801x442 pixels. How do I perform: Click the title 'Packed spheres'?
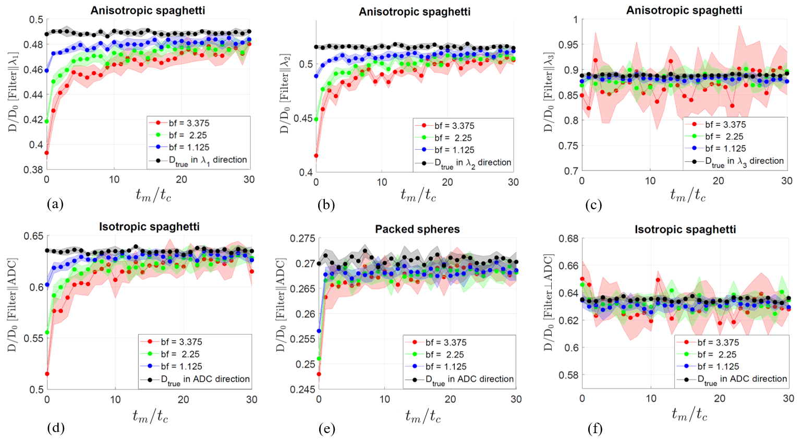point(417,229)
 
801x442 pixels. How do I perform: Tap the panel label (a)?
point(55,204)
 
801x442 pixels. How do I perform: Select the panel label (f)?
point(594,429)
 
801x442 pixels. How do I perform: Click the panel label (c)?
point(593,205)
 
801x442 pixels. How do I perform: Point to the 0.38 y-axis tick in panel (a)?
point(33,170)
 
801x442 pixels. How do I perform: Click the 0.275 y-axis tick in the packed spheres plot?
point(302,238)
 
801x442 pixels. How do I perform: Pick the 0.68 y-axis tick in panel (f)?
point(568,239)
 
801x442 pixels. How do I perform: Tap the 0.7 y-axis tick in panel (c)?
point(572,171)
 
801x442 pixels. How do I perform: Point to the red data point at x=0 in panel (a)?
point(47,153)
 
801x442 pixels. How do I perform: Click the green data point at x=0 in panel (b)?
point(316,119)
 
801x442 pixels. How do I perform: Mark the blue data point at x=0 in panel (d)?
point(47,285)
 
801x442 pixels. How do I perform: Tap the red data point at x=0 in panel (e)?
point(319,374)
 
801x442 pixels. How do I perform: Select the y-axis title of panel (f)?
point(549,303)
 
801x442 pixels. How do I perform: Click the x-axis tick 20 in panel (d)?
point(183,399)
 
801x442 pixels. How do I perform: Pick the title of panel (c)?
point(684,10)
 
